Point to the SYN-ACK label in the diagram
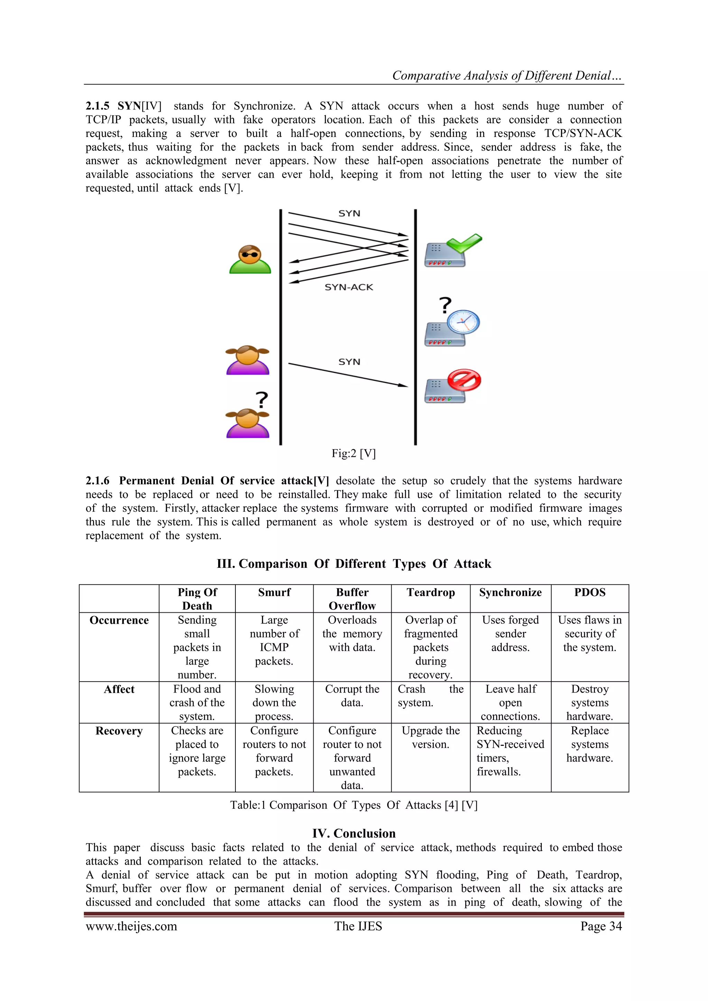coord(349,287)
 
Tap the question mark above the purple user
coord(262,399)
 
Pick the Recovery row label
coord(119,731)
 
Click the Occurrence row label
coord(119,620)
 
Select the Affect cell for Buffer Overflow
coord(352,695)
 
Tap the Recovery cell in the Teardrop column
coord(431,737)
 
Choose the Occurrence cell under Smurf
coord(274,640)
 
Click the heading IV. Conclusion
coord(354,833)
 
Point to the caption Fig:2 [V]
coord(354,453)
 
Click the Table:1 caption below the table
coord(354,805)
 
